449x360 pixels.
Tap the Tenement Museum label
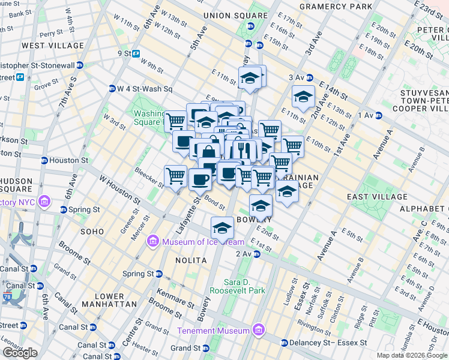click(x=214, y=331)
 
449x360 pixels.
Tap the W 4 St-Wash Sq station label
click(x=140, y=89)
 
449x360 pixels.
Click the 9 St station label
click(x=124, y=53)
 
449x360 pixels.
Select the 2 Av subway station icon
click(x=256, y=254)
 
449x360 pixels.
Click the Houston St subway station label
click(x=67, y=161)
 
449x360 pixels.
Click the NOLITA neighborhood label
click(x=191, y=260)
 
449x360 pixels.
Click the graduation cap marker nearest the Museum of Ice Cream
click(x=222, y=228)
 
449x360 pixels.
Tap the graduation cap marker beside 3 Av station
click(x=304, y=96)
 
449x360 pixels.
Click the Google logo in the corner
click(x=20, y=353)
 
